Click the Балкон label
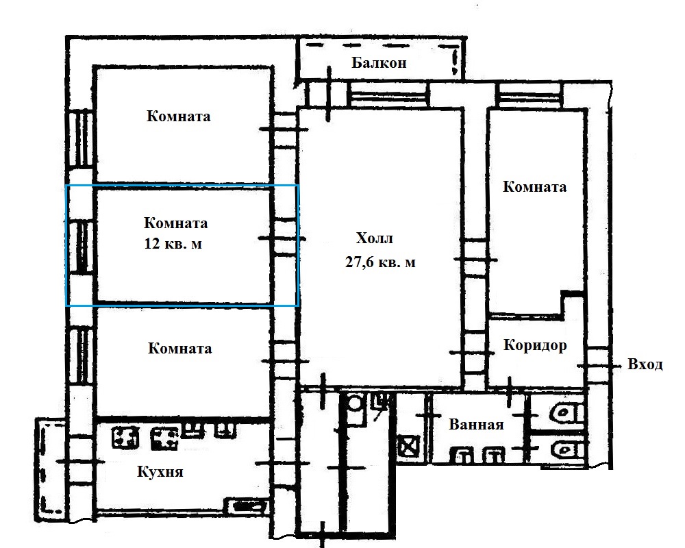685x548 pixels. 379,63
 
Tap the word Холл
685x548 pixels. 375,238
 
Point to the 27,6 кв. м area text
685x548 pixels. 380,262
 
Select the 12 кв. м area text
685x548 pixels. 173,243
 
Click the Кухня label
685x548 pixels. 160,472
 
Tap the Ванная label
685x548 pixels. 476,424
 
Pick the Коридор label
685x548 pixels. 535,345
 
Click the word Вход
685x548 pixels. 645,364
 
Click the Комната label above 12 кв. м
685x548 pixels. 175,223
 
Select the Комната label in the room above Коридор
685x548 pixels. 535,186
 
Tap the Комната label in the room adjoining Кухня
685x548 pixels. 180,348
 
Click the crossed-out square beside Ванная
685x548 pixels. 408,447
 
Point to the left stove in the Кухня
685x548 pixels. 126,438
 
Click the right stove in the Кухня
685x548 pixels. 164,439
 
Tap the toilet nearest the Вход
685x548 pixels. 566,412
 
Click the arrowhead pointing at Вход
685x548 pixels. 618,365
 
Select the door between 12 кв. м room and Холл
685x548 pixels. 284,238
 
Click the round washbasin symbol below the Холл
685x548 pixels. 354,403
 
